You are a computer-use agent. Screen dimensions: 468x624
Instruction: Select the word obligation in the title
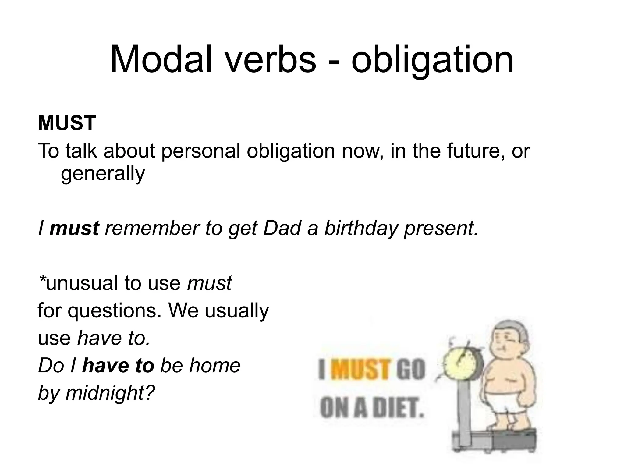(x=432, y=59)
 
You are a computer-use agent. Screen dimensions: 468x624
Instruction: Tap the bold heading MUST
(x=67, y=123)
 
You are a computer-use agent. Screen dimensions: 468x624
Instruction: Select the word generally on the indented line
(x=103, y=174)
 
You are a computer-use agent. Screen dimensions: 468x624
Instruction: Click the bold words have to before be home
(x=118, y=366)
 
